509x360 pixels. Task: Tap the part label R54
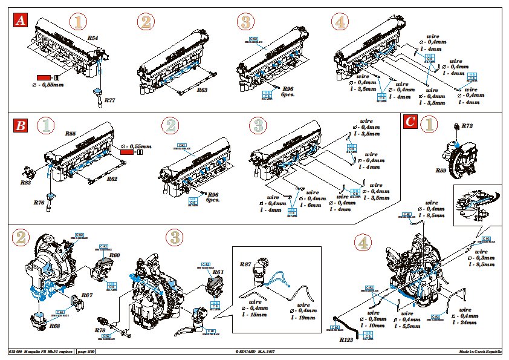[x=93, y=38]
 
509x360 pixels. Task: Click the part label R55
[x=70, y=133]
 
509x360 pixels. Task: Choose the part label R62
[x=112, y=179]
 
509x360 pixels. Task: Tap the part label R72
[x=467, y=126]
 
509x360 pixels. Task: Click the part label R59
[x=442, y=171]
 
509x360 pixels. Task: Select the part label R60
[x=115, y=255]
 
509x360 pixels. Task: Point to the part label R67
[x=87, y=296]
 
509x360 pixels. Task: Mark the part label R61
[x=218, y=272]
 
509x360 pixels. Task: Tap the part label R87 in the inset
[x=245, y=264]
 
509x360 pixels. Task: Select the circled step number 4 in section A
[x=340, y=22]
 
